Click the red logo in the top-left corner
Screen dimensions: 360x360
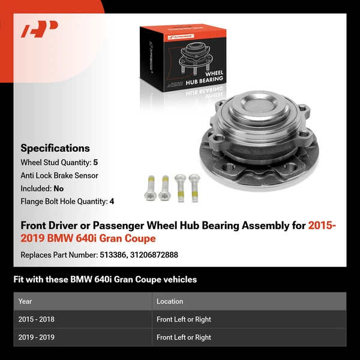(x=39, y=29)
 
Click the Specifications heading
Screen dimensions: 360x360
(x=55, y=148)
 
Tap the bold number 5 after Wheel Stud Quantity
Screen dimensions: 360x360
(x=95, y=163)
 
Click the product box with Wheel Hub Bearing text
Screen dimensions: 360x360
(x=183, y=57)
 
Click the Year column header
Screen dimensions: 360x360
(x=25, y=301)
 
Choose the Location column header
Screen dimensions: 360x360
(x=170, y=301)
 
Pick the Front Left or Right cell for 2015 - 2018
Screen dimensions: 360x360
(x=184, y=319)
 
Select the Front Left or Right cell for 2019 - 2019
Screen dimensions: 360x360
(x=184, y=337)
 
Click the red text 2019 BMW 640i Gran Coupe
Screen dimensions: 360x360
(x=88, y=239)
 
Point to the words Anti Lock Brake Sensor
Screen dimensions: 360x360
(x=59, y=176)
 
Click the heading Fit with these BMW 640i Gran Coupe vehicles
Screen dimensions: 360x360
(x=105, y=280)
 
